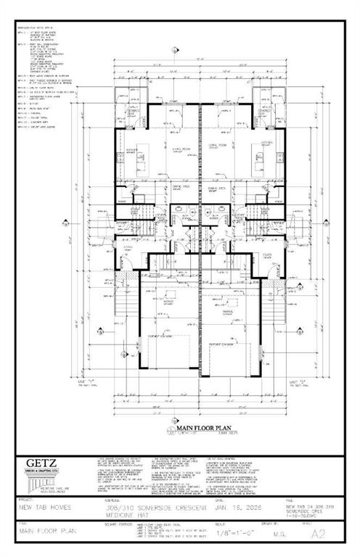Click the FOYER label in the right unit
tap(266, 255)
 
